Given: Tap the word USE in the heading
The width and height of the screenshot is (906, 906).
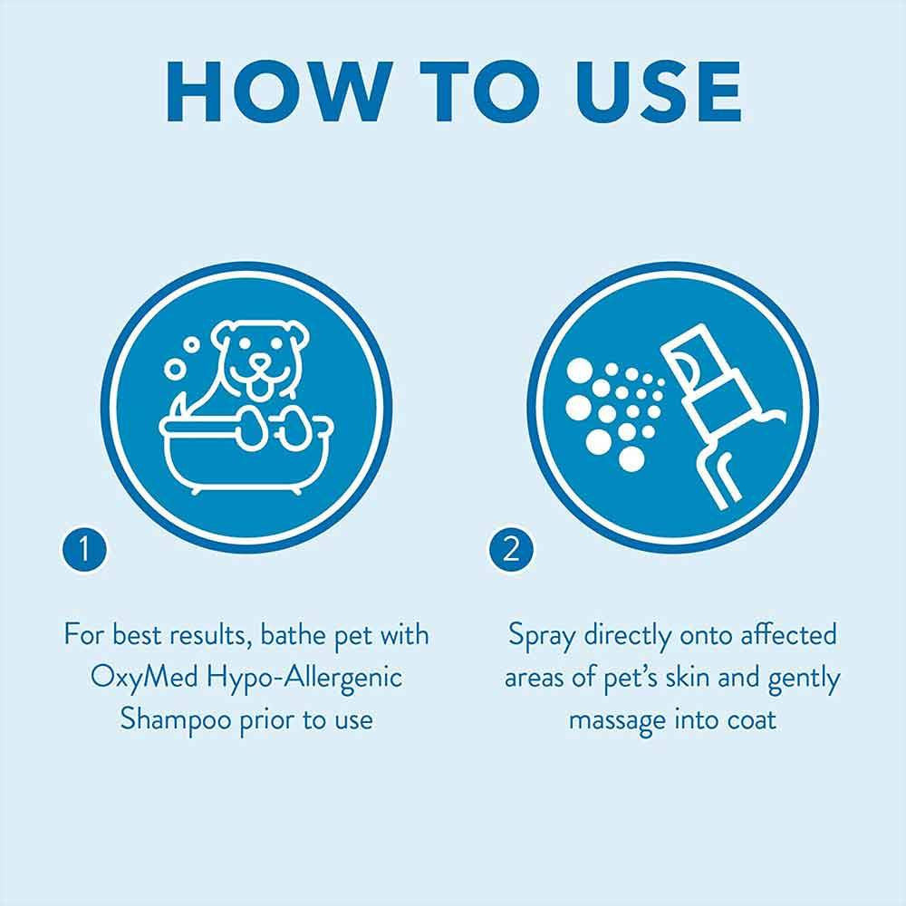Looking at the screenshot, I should tap(645, 92).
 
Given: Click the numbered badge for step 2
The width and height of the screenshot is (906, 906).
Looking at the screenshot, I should tap(512, 552).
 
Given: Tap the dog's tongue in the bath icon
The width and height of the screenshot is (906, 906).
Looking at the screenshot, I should tap(260, 387).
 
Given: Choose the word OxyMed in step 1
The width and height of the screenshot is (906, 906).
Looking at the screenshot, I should tap(141, 678).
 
